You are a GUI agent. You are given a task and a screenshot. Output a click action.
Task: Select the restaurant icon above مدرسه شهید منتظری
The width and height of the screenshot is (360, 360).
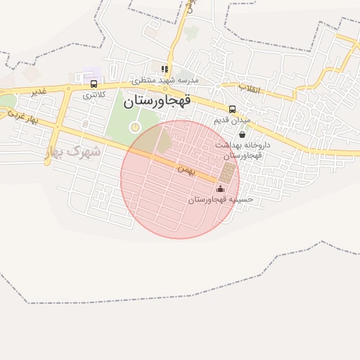(x=165, y=69)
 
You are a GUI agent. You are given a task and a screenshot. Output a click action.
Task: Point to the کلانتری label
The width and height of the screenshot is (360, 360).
(x=94, y=94)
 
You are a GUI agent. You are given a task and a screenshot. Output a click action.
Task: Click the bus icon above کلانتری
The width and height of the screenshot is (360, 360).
(x=94, y=84)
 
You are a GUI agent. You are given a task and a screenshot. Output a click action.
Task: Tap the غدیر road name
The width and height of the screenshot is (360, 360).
(x=39, y=92)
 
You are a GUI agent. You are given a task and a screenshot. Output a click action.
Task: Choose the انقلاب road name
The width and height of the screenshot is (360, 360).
(x=249, y=89)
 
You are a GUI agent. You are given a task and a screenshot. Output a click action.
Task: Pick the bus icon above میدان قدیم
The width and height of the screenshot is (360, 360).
(x=233, y=109)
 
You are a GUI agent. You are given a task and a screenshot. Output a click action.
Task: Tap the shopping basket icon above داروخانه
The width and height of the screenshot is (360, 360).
(x=243, y=134)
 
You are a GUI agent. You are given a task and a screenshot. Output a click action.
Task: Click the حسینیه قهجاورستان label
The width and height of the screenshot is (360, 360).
(x=220, y=200)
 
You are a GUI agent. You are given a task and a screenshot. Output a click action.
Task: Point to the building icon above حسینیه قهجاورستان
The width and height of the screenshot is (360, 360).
(x=220, y=188)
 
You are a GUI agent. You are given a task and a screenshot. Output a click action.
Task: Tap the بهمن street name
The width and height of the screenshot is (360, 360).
(x=184, y=169)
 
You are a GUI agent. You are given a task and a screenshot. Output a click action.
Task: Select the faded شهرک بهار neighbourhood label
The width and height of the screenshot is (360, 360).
(x=77, y=151)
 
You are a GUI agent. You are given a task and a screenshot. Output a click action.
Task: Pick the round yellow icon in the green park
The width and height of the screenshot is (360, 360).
(x=136, y=127)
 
